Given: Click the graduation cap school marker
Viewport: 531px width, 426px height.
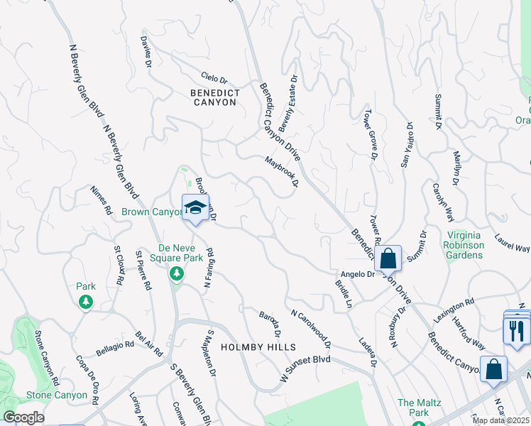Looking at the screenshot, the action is (195, 207).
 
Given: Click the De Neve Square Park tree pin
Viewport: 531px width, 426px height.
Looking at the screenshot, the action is (177, 274).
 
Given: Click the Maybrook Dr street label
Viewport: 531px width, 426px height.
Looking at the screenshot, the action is (281, 172).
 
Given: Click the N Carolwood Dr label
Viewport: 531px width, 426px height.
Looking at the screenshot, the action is (311, 327).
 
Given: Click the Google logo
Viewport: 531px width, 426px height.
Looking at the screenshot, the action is (23, 417).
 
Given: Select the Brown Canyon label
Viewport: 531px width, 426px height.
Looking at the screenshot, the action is (152, 212).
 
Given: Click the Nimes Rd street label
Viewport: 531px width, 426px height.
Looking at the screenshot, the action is (102, 200).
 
